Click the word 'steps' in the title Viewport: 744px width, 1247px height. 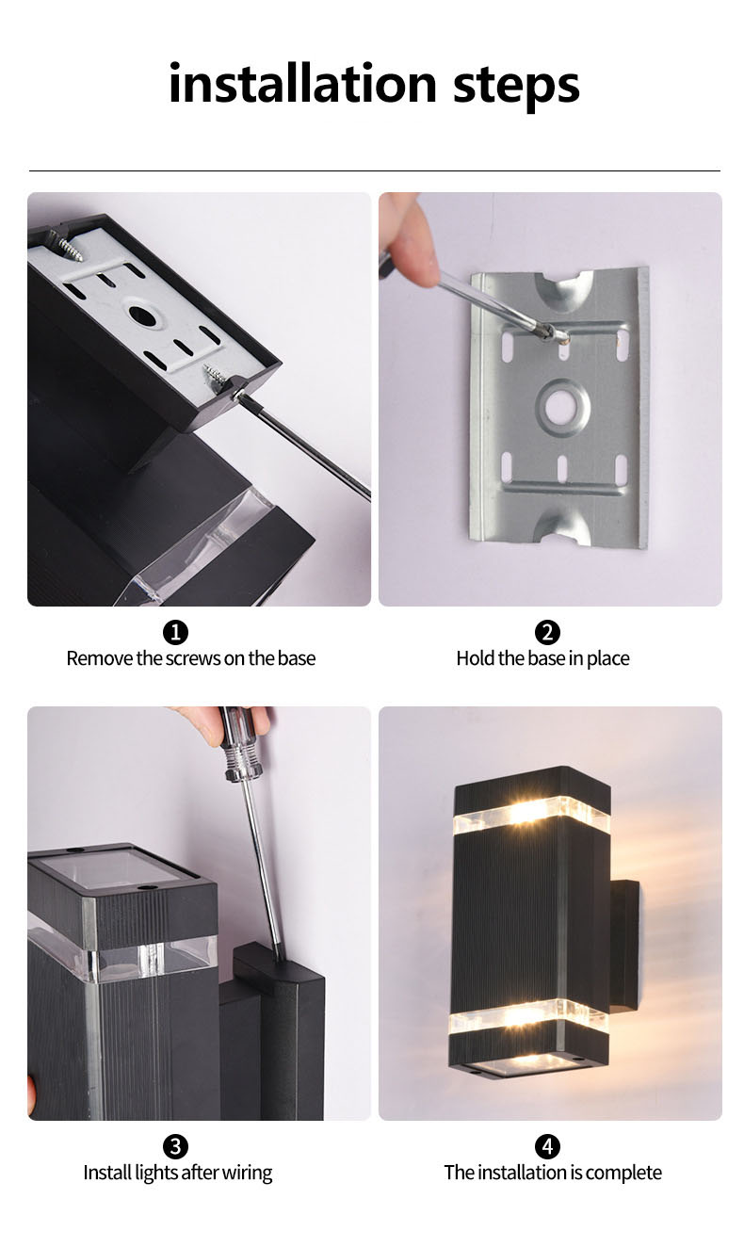coord(516,85)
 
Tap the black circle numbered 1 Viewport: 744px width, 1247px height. coord(176,632)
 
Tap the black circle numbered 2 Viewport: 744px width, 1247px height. coord(547,632)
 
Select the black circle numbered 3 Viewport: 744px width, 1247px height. coord(176,1146)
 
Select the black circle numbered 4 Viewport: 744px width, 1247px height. coord(547,1146)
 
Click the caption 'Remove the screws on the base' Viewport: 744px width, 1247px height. coord(190,658)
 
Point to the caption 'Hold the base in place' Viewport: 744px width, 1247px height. coord(542,658)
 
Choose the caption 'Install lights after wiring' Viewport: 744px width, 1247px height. coord(177,1173)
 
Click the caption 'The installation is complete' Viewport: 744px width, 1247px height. coord(552,1173)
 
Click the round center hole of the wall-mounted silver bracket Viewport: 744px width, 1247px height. coord(563,407)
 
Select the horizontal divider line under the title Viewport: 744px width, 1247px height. coord(374,170)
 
